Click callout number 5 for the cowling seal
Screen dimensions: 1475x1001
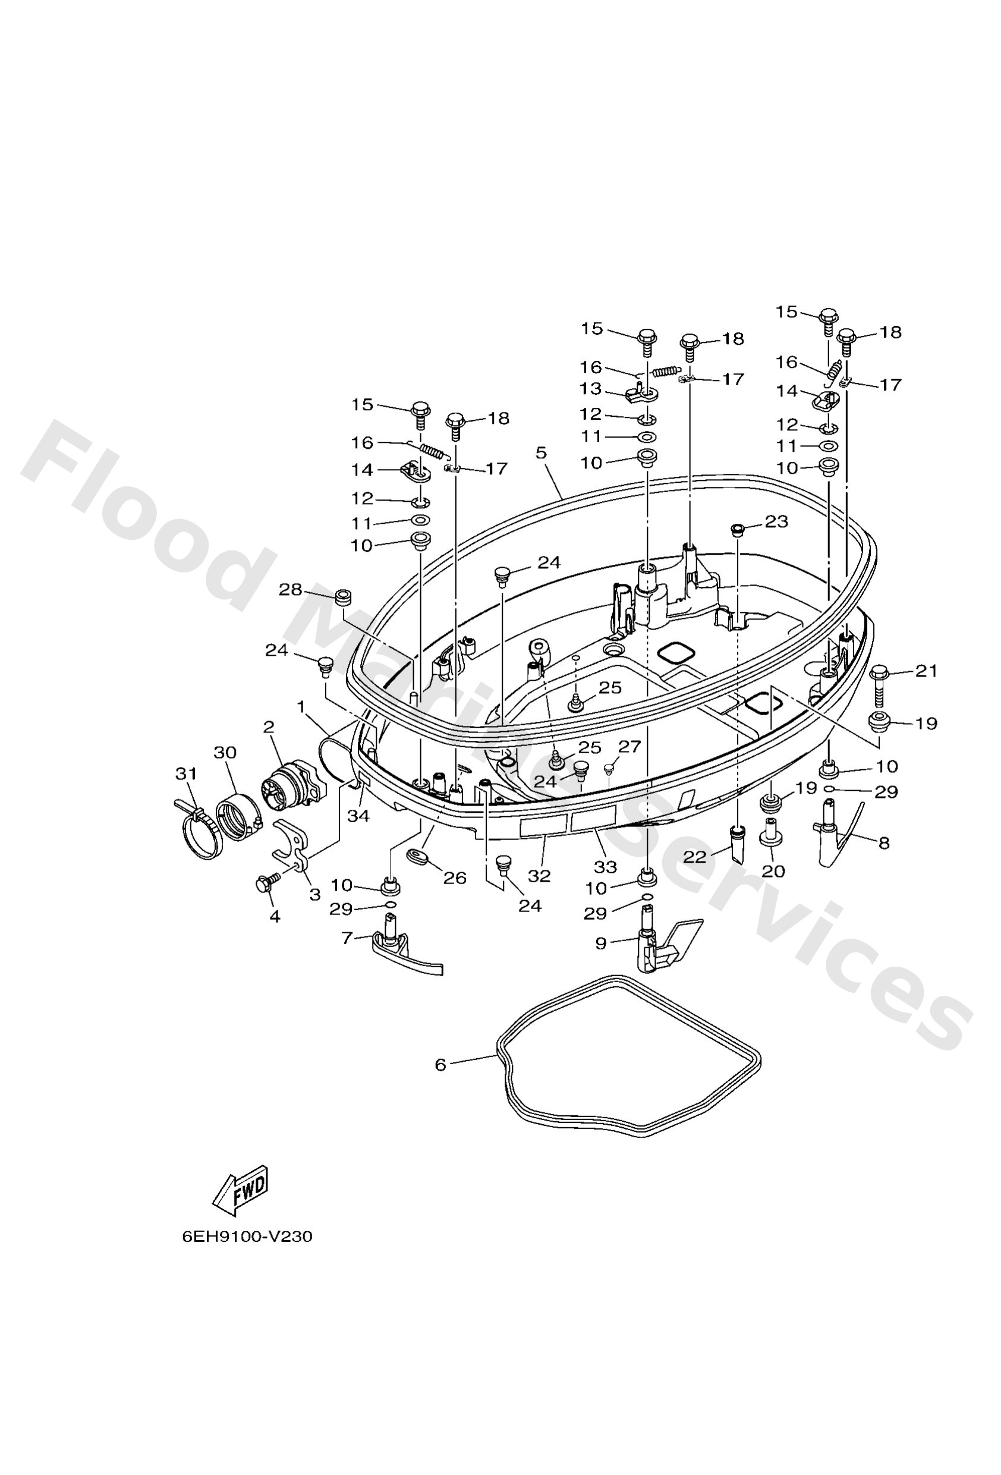tap(541, 452)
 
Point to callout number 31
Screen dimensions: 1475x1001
tap(186, 773)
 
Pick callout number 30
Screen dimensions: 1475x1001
tap(225, 752)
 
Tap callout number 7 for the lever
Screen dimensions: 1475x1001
tap(347, 938)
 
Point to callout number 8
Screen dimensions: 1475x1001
tap(883, 843)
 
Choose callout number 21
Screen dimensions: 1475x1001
tap(926, 671)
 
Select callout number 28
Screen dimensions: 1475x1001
tap(290, 590)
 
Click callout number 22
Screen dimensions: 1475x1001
tap(694, 857)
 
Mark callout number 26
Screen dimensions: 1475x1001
tap(455, 878)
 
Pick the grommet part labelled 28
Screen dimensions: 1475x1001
tap(343, 598)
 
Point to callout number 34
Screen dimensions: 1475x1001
tap(358, 816)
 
